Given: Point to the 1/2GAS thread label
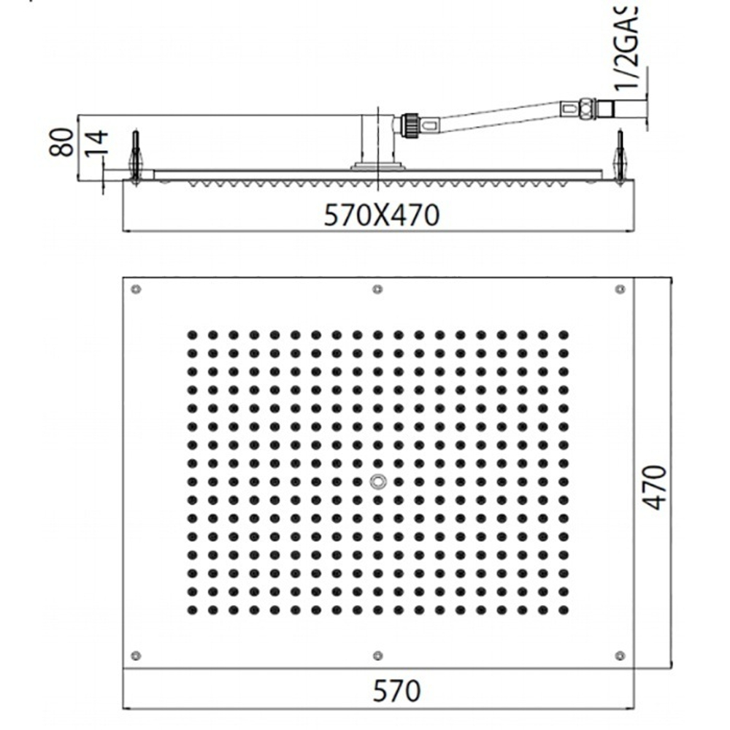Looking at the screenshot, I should click(x=626, y=48).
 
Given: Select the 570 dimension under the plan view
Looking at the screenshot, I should click(x=396, y=690).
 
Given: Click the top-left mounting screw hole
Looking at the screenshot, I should click(x=136, y=290).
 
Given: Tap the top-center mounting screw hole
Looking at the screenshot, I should click(x=377, y=290).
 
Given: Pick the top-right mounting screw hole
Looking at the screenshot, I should click(x=620, y=290).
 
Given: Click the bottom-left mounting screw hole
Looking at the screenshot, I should click(x=136, y=655).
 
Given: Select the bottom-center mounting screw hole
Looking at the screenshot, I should click(x=377, y=655).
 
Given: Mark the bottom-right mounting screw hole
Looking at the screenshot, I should click(x=620, y=655).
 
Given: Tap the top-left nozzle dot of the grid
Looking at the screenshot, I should click(x=191, y=335).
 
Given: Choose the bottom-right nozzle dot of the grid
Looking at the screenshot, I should click(x=563, y=609).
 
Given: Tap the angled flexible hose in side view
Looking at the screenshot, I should click(x=496, y=117).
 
